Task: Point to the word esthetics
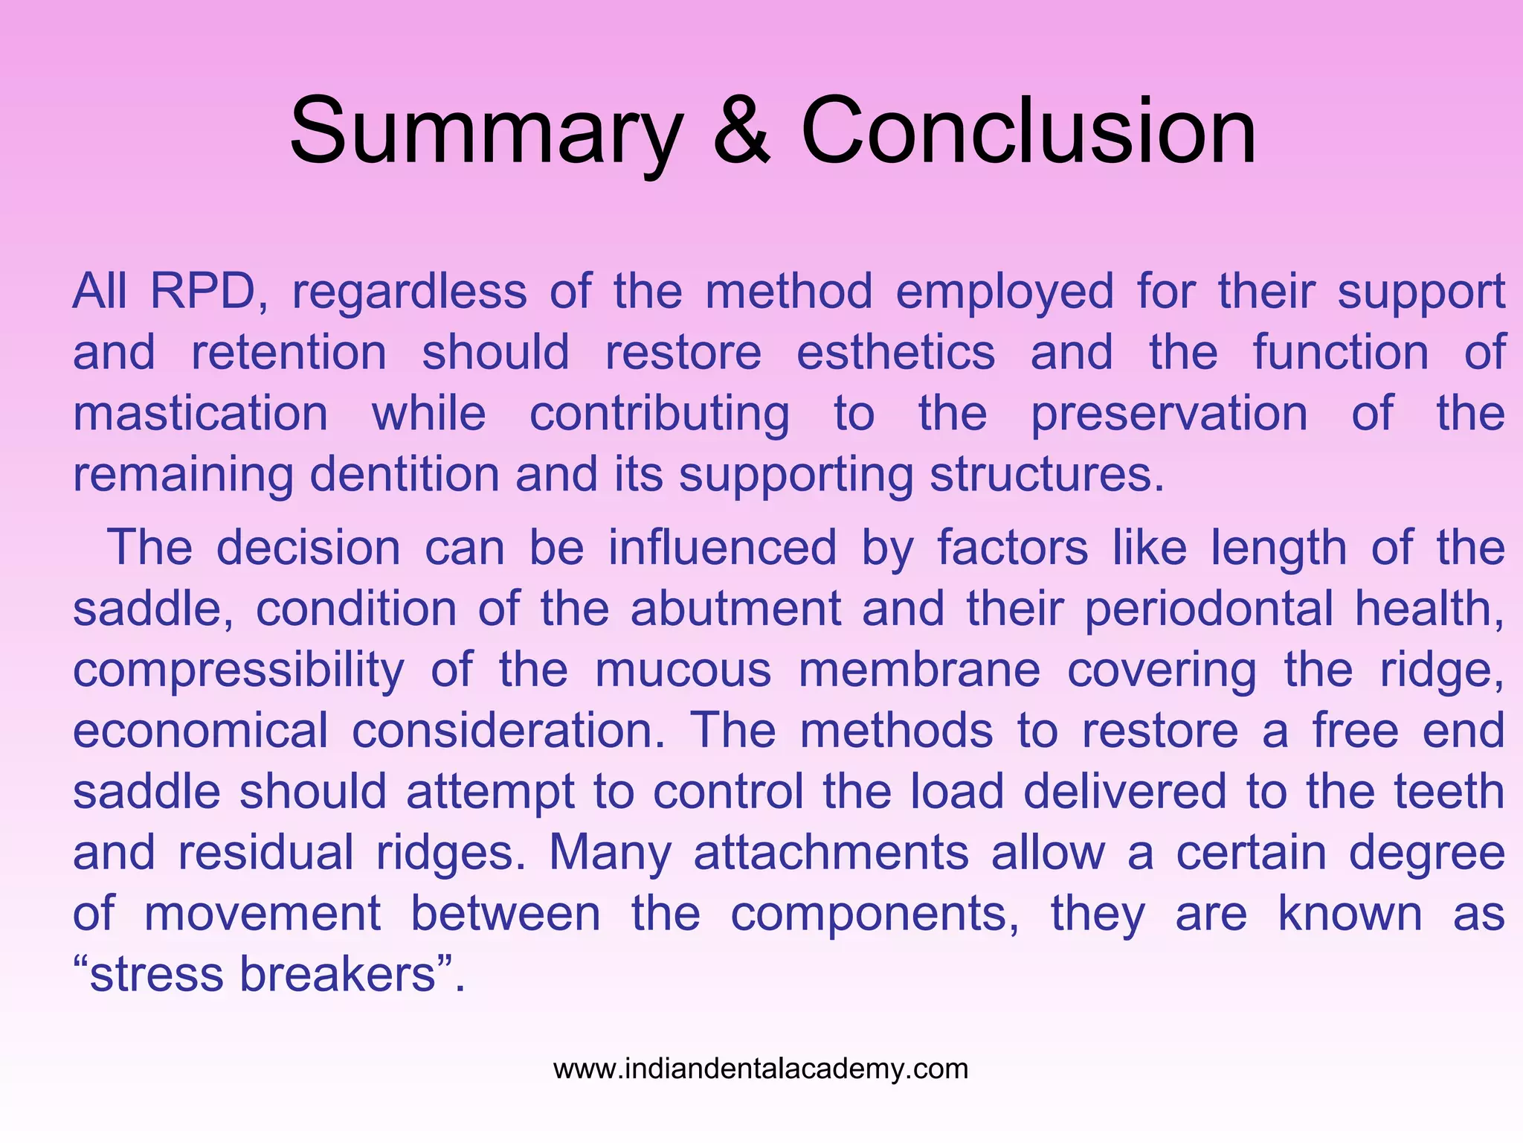click(x=895, y=352)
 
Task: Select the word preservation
click(x=1169, y=414)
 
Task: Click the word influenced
click(x=723, y=548)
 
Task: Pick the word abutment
click(x=735, y=609)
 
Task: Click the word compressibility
click(x=239, y=670)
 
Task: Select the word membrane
click(x=919, y=670)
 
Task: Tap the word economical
click(x=200, y=731)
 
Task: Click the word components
click(x=875, y=915)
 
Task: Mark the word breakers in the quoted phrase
click(x=338, y=974)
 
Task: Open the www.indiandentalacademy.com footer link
click(x=761, y=1069)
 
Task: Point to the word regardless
click(x=409, y=292)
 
